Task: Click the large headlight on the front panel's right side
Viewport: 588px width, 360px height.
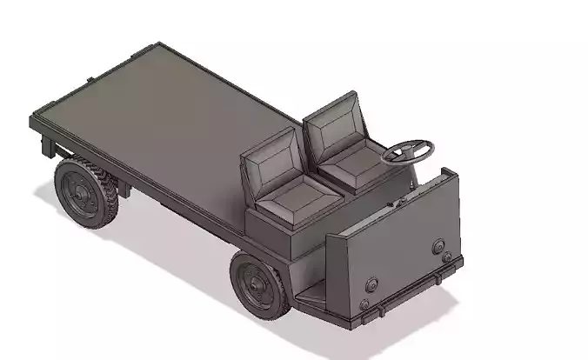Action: (x=439, y=247)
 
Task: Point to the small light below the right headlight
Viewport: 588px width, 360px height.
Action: (x=446, y=258)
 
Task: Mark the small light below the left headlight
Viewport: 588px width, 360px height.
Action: (x=364, y=303)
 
